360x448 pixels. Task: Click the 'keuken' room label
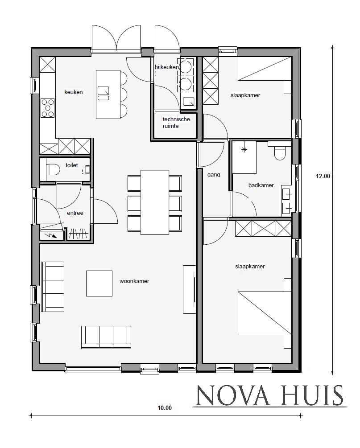(74, 92)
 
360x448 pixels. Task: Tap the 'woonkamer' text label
(134, 281)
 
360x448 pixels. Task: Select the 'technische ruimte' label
(176, 123)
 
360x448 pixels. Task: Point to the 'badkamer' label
(261, 185)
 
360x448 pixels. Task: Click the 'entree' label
(75, 213)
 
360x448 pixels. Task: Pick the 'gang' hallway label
(213, 175)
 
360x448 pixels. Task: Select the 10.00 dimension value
(164, 407)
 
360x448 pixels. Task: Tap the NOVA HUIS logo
(270, 395)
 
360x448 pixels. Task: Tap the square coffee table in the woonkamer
(99, 283)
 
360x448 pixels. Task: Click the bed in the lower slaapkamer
(263, 313)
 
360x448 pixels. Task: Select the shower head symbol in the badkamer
(244, 150)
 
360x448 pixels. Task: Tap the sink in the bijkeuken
(188, 102)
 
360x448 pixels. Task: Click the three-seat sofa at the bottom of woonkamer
(106, 337)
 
